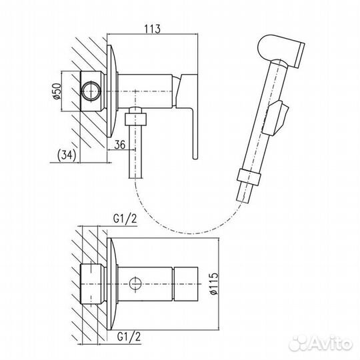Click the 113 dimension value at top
(152, 29)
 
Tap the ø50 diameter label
(57, 91)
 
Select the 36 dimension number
(120, 145)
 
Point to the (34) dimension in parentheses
(67, 155)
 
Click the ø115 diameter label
(213, 283)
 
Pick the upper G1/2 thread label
(125, 219)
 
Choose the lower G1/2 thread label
(129, 337)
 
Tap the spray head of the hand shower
(281, 50)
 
